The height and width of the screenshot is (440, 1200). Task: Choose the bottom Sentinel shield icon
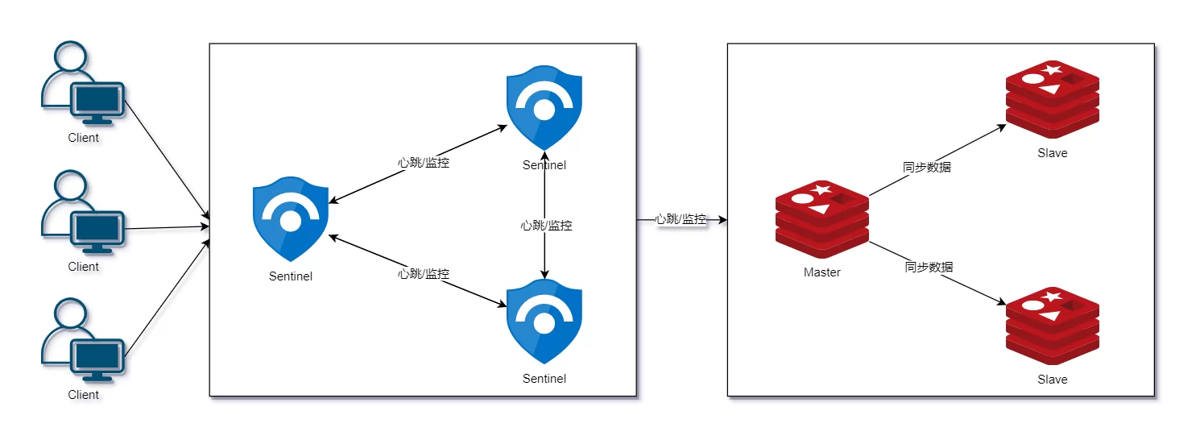tap(544, 322)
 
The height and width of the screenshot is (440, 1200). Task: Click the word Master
tap(822, 272)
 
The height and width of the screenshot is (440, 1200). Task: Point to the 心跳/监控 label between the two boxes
tap(681, 219)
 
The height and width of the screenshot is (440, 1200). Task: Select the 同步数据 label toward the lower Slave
tap(929, 267)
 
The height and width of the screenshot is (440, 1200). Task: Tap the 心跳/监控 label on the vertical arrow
tap(546, 226)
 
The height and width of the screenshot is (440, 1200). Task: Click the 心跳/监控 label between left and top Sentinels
tap(424, 163)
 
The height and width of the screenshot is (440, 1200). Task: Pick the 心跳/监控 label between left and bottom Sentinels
tap(424, 274)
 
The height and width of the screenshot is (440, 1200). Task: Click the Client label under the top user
tap(83, 138)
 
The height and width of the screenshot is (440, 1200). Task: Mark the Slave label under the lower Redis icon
tap(1053, 380)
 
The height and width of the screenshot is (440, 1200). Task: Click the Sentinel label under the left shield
tap(290, 276)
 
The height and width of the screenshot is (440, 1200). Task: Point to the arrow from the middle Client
tap(165, 228)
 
